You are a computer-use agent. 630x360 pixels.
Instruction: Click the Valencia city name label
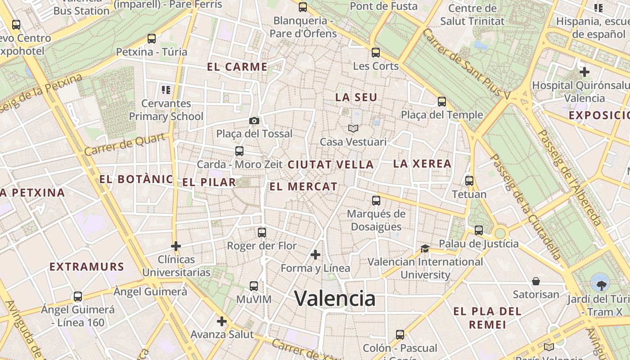(x=335, y=298)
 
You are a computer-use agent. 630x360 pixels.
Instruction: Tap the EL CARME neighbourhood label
(x=237, y=67)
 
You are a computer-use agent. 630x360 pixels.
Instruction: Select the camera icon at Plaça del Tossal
(x=254, y=121)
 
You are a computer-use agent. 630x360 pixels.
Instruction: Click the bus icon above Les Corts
(x=376, y=53)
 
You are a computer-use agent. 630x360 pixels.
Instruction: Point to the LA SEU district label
(x=356, y=97)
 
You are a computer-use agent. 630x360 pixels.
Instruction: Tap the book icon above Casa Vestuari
(x=353, y=129)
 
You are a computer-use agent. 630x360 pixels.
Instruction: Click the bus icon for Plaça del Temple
(x=442, y=102)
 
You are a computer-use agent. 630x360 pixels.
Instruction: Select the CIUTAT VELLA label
(x=331, y=165)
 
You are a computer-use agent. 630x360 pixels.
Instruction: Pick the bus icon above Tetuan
(x=469, y=181)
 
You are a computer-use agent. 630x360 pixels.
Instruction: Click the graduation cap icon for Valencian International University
(x=425, y=248)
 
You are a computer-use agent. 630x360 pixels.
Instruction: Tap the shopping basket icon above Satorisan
(x=536, y=281)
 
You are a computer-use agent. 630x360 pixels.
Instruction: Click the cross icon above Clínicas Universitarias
(x=176, y=246)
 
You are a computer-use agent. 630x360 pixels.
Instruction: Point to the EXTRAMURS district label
(x=86, y=267)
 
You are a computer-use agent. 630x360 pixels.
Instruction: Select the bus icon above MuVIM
(x=254, y=286)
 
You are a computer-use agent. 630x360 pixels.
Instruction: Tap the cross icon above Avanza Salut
(x=222, y=321)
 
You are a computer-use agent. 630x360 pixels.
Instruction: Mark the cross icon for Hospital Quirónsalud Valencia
(x=585, y=72)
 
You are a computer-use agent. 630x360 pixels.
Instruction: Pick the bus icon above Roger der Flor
(x=262, y=233)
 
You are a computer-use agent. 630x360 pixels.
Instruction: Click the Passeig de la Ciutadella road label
(x=526, y=207)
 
